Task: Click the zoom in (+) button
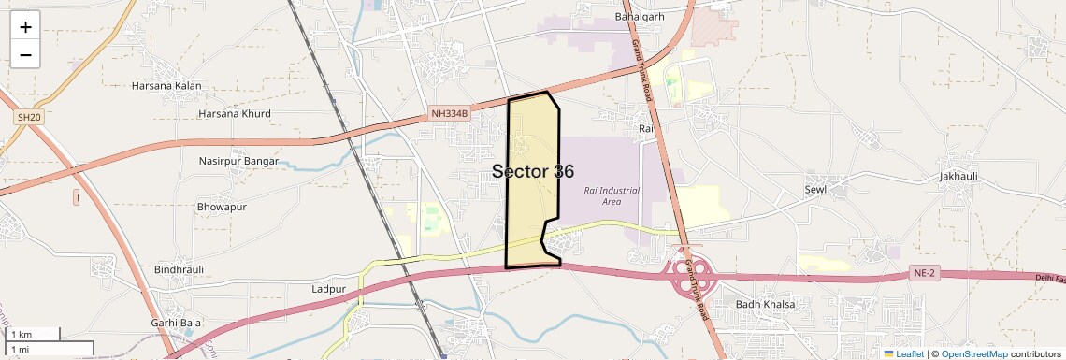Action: (x=25, y=27)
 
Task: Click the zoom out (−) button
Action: (x=25, y=55)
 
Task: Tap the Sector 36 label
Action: (x=533, y=171)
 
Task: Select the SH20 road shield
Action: (x=29, y=117)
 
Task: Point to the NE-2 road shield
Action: (x=923, y=273)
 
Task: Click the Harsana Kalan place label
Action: (x=166, y=86)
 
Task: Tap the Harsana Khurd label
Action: (x=234, y=114)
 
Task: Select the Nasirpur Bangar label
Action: (x=238, y=161)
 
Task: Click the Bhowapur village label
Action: (x=222, y=206)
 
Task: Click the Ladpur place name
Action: (x=328, y=290)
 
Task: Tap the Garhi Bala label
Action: (x=176, y=323)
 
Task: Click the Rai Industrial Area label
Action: (x=611, y=195)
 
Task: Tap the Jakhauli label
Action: (x=958, y=176)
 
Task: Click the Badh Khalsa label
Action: (x=765, y=304)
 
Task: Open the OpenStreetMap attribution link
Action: (x=973, y=354)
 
